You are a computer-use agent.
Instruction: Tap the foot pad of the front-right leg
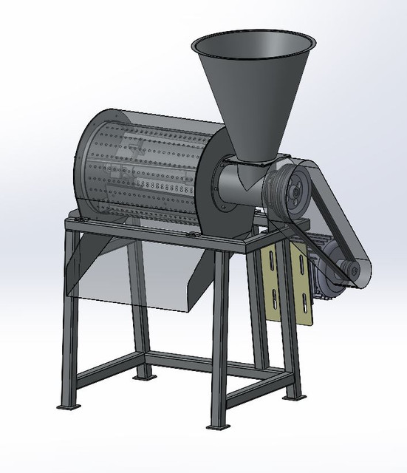216,426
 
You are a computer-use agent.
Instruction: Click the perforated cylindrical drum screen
148,170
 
